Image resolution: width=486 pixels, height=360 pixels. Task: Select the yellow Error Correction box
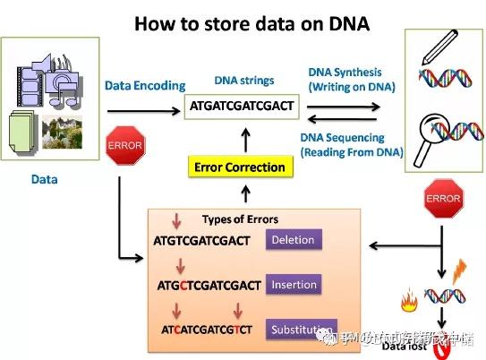(240, 167)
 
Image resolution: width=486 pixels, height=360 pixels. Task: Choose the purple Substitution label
(303, 329)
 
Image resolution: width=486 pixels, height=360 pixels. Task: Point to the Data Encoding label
(145, 86)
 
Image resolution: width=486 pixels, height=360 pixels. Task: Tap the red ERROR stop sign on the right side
(443, 198)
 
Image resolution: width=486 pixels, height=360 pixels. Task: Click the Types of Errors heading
(240, 219)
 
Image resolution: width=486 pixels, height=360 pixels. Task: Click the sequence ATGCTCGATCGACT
(208, 286)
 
